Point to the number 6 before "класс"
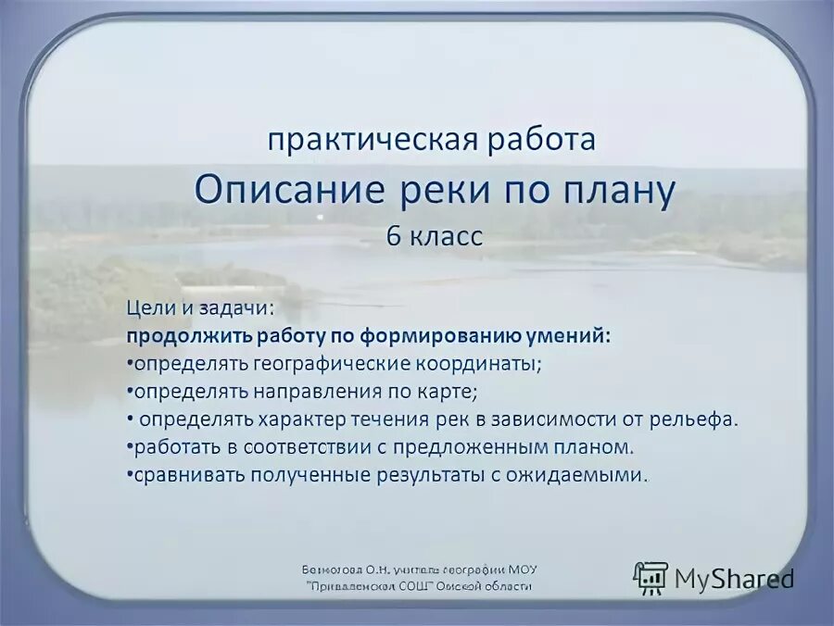[394, 236]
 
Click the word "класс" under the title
[446, 236]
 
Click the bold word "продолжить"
[178, 334]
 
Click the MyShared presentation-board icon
[651, 578]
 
